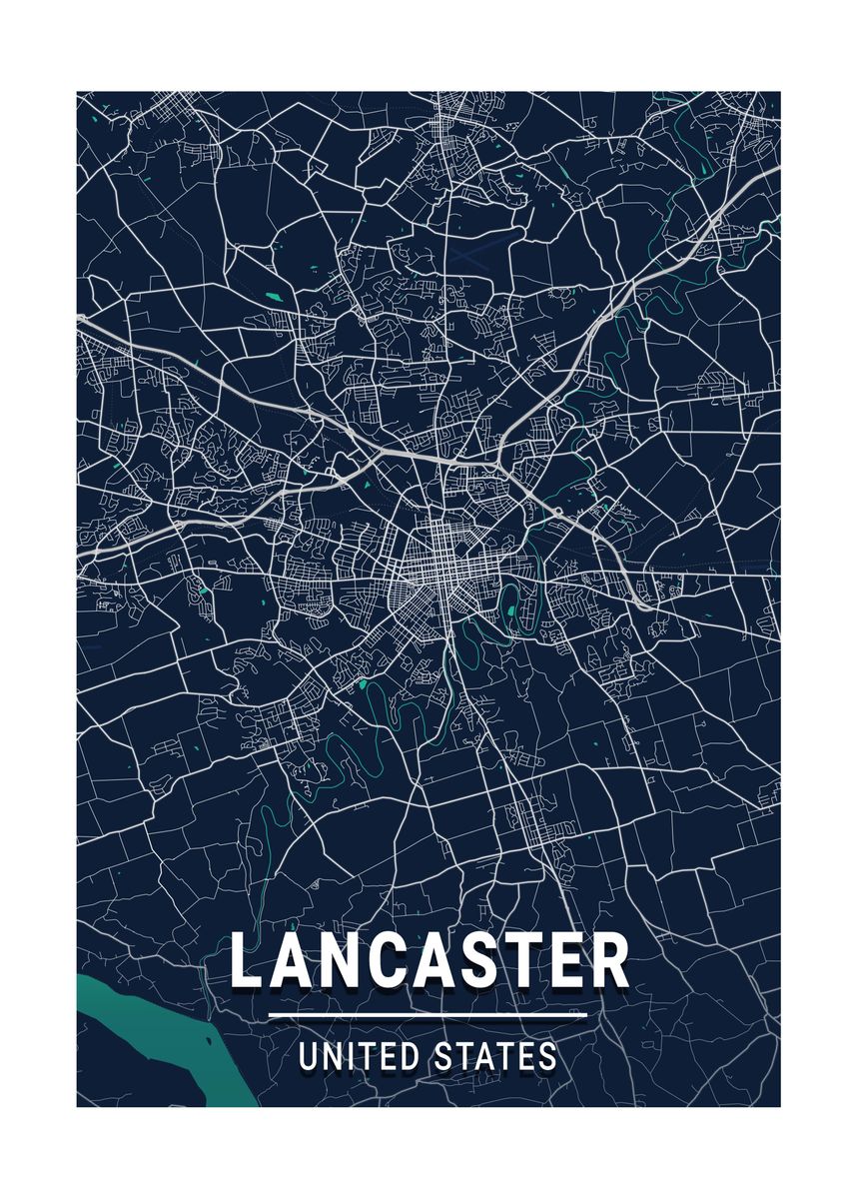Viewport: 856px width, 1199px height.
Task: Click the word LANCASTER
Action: point(429,961)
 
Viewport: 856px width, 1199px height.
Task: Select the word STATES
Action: point(495,1057)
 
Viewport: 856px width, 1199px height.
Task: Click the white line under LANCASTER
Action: point(428,1016)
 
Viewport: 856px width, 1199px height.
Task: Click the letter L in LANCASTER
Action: point(248,961)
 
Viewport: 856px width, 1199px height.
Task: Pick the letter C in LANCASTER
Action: point(401,961)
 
